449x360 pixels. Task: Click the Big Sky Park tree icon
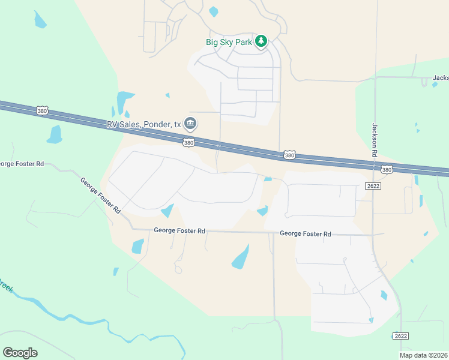(x=261, y=41)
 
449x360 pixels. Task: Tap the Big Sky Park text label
(x=229, y=42)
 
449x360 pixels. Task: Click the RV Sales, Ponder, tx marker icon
(x=190, y=124)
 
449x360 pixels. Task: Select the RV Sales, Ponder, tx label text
(x=143, y=124)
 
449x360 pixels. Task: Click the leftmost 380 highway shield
(x=41, y=111)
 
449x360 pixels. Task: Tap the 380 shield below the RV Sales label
(x=188, y=142)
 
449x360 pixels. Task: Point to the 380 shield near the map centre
(x=289, y=155)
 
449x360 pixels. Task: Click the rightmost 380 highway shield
(x=387, y=170)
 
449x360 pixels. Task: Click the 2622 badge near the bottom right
(x=402, y=336)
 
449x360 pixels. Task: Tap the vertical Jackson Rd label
(x=375, y=139)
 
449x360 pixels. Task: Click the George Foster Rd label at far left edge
(x=22, y=163)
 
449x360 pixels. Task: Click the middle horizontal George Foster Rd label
(x=179, y=230)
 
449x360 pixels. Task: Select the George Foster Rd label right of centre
(x=306, y=233)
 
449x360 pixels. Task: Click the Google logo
(x=20, y=353)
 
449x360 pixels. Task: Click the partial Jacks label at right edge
(x=441, y=78)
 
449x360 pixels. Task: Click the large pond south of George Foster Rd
(x=240, y=257)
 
